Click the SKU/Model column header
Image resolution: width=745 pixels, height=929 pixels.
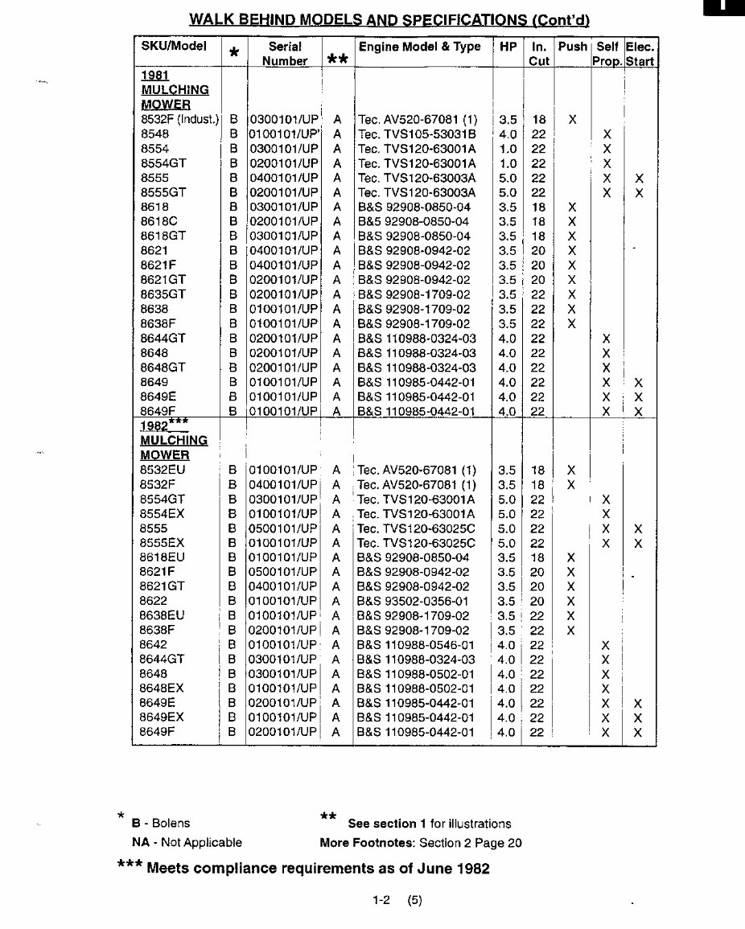tap(173, 47)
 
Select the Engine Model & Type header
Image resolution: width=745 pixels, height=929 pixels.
tap(419, 47)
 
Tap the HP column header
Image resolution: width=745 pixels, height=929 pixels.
tap(508, 47)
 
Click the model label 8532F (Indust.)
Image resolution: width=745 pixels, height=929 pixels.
tap(179, 120)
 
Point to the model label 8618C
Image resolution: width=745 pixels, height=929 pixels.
tap(158, 221)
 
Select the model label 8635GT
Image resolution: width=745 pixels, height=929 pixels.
tap(163, 294)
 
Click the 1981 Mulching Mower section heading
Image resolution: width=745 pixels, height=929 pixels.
tap(174, 89)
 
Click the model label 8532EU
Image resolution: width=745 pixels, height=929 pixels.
tap(163, 470)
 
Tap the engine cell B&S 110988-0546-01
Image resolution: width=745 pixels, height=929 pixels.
tap(416, 645)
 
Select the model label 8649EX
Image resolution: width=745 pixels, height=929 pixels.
tap(162, 717)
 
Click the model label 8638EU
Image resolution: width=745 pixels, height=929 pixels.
tap(162, 616)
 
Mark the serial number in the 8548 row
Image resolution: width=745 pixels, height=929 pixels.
tap(284, 134)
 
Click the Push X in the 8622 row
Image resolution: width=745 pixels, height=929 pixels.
tap(571, 601)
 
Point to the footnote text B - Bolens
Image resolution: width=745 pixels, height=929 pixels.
tap(161, 823)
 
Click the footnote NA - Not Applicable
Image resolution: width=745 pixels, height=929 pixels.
tap(187, 843)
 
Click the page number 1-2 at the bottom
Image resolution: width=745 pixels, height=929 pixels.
tap(381, 901)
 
